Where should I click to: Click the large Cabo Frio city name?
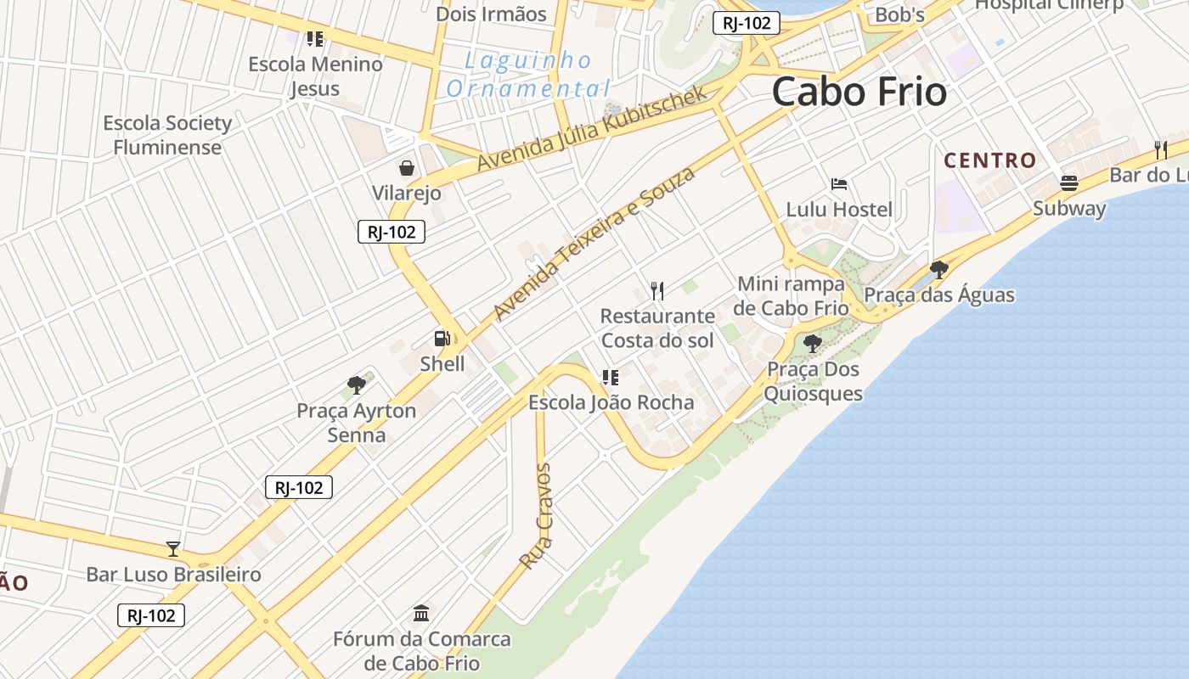tap(859, 91)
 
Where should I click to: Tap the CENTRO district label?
tap(990, 160)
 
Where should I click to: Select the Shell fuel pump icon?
tap(442, 339)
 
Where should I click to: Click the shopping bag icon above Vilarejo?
tap(407, 167)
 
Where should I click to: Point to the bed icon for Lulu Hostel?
tap(839, 183)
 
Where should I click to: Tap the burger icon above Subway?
tap(1068, 182)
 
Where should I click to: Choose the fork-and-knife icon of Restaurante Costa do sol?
tap(656, 291)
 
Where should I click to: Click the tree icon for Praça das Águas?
tap(938, 270)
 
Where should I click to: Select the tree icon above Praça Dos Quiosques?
tap(813, 344)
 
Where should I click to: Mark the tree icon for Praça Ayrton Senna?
tap(357, 385)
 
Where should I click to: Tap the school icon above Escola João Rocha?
tap(610, 377)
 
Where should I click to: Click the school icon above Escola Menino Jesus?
tap(315, 38)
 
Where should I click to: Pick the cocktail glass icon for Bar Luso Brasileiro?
tap(173, 549)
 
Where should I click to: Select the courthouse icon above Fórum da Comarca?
tap(421, 613)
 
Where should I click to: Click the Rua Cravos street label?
tap(536, 516)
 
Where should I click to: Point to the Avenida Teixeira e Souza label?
tap(594, 244)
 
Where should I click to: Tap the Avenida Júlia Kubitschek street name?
tap(592, 128)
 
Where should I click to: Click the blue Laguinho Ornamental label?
tap(528, 75)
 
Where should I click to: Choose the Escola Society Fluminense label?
tap(167, 135)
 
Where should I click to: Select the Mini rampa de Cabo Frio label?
tap(791, 295)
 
